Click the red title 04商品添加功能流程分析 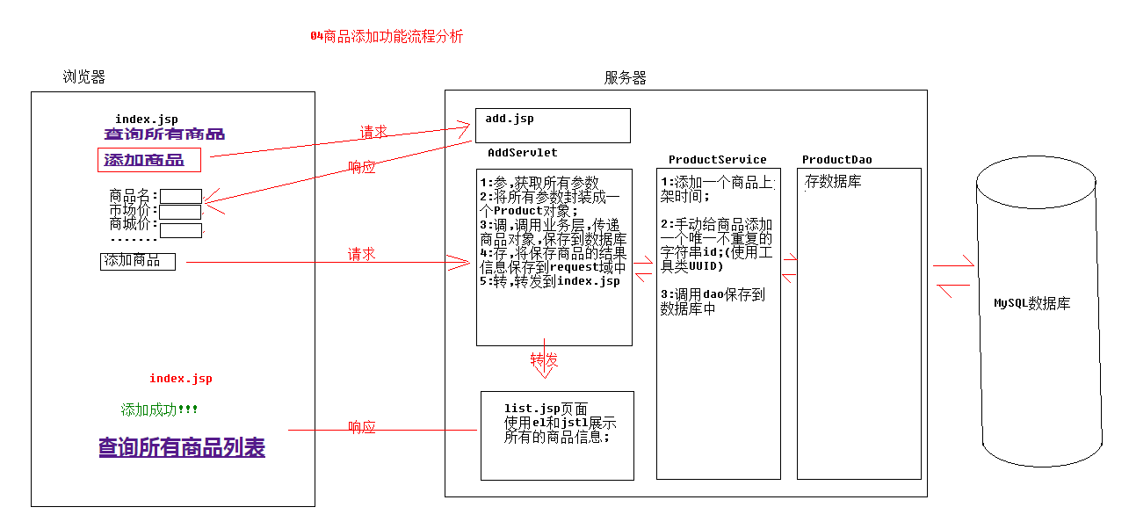pos(386,36)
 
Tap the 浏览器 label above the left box pos(83,77)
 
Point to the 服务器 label pos(625,77)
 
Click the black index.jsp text pos(146,120)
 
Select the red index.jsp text pos(180,379)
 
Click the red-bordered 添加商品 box pos(148,160)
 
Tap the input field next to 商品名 pos(180,196)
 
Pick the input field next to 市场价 pos(180,212)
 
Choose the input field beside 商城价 pos(180,230)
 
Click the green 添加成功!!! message pos(159,410)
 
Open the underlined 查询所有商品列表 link pos(182,447)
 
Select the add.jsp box pos(553,125)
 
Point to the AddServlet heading pos(522,153)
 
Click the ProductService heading pos(717,160)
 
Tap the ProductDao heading pos(836,160)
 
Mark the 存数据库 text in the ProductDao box pos(833,182)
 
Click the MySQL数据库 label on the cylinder pos(1031,304)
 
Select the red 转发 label pos(544,360)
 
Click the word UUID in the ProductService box pos(704,266)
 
